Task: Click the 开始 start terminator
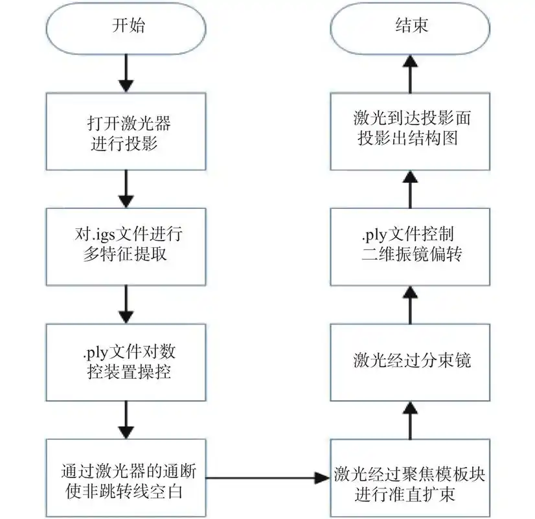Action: (126, 27)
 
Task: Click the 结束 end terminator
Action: (410, 27)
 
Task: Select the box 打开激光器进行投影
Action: (126, 132)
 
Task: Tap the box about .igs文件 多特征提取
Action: (126, 245)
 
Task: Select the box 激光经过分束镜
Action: (410, 361)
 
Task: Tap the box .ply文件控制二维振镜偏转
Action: (410, 245)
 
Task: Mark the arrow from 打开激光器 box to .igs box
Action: (126, 189)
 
